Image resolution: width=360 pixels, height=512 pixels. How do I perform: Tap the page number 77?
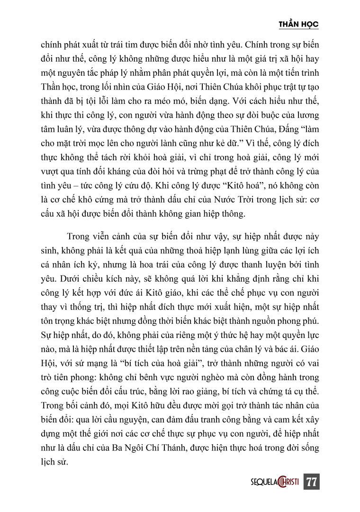[x=311, y=482]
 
